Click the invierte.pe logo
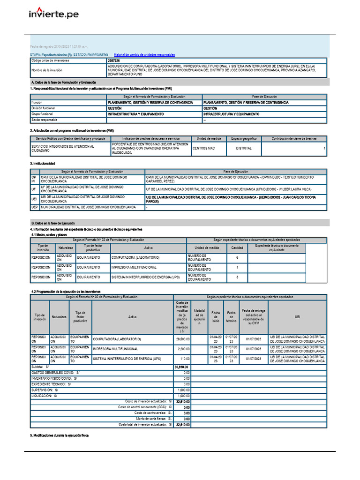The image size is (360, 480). (x=54, y=15)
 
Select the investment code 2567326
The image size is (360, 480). (x=113, y=61)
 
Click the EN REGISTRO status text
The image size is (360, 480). (x=97, y=55)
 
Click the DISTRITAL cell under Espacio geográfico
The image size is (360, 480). (x=243, y=148)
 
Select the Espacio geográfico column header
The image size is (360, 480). (x=243, y=139)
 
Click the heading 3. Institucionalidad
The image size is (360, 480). (x=43, y=163)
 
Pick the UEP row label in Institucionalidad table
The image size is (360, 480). (x=34, y=207)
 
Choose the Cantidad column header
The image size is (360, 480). (x=237, y=247)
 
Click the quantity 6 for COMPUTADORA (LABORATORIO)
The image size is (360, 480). (x=237, y=257)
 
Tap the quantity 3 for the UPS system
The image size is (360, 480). (x=237, y=277)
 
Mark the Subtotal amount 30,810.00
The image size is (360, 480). (x=181, y=367)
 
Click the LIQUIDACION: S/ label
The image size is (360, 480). (x=44, y=396)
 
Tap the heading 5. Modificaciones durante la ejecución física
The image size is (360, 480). (x=59, y=435)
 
